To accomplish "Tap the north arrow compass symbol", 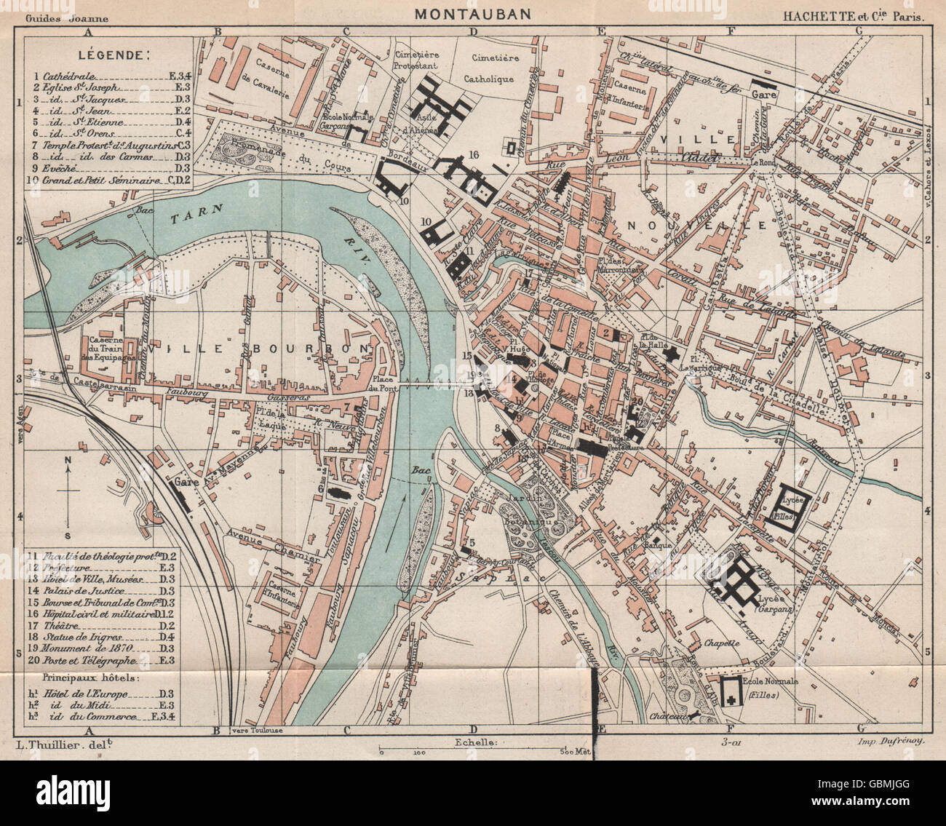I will coord(68,491).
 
